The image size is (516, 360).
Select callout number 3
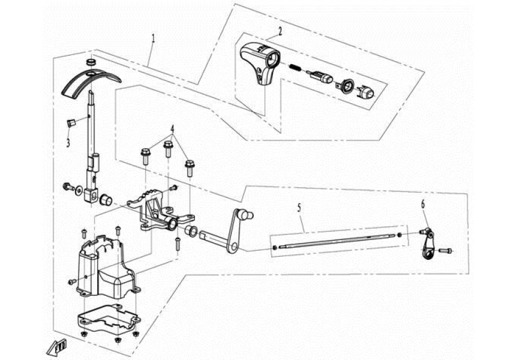click(68, 143)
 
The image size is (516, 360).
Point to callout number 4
click(172, 128)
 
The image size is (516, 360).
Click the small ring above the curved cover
click(91, 62)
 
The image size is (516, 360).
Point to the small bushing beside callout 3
click(71, 123)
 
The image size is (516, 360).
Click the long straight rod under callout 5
click(336, 241)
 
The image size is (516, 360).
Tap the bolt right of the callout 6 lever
click(446, 250)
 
